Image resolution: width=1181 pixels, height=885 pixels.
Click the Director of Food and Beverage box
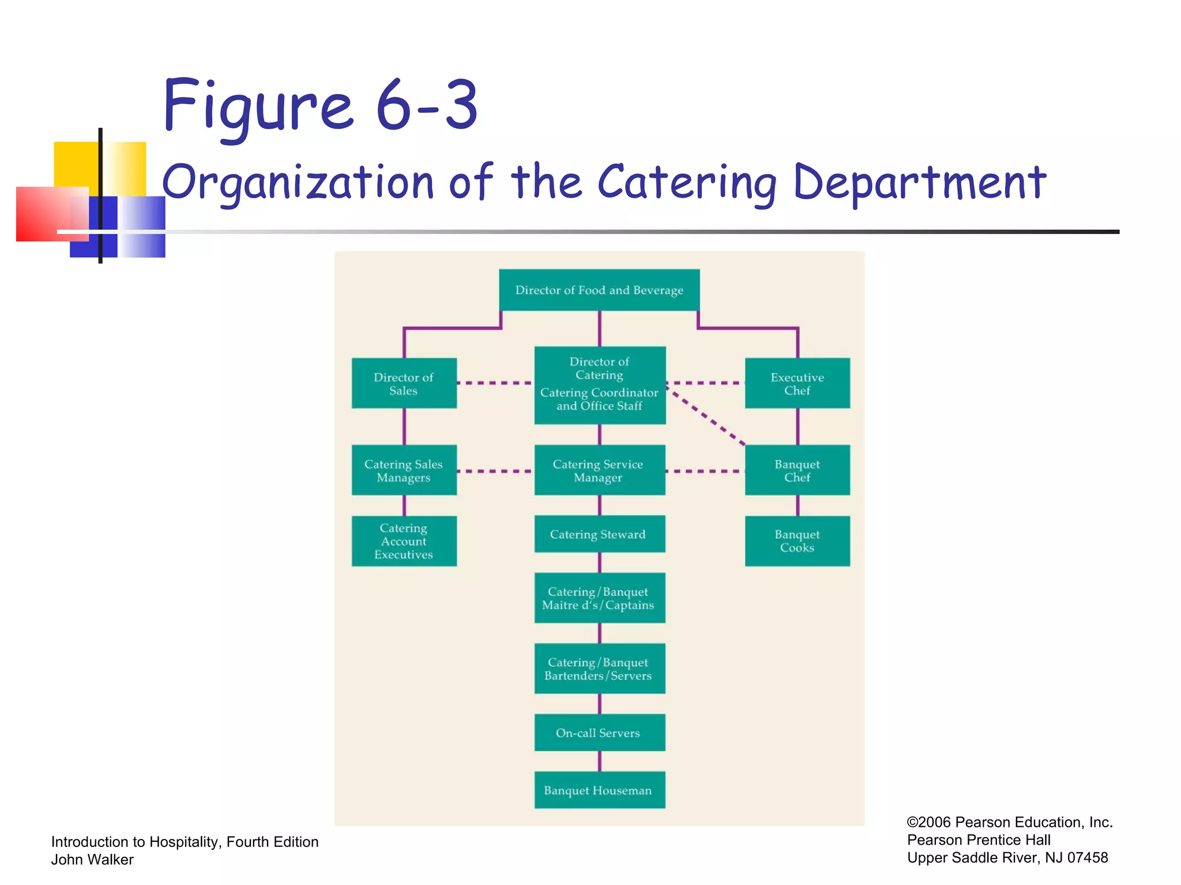coord(599,290)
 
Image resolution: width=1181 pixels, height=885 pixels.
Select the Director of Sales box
coord(404,383)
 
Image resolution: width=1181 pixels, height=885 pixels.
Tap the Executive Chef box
coord(797,383)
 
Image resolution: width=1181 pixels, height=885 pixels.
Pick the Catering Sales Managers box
coord(404,470)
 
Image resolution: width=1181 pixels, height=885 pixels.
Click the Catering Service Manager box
coord(599,470)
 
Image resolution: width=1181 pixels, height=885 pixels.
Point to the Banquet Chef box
coord(797,470)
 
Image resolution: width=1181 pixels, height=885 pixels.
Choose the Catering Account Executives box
coord(404,541)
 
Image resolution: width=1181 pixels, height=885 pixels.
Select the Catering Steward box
coord(599,534)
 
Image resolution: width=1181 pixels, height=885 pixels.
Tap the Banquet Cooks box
coord(797,541)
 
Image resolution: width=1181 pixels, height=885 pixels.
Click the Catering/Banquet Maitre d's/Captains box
coord(599,598)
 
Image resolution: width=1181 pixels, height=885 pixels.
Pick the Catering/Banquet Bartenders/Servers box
coord(599,668)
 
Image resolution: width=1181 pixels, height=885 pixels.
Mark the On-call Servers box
coord(599,732)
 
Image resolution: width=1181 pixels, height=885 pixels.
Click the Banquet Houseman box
coord(599,790)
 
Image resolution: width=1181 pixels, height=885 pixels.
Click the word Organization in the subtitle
coord(298,183)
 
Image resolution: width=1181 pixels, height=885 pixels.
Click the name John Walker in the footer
coord(92,860)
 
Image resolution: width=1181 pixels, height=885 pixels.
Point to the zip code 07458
coord(1087,857)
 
